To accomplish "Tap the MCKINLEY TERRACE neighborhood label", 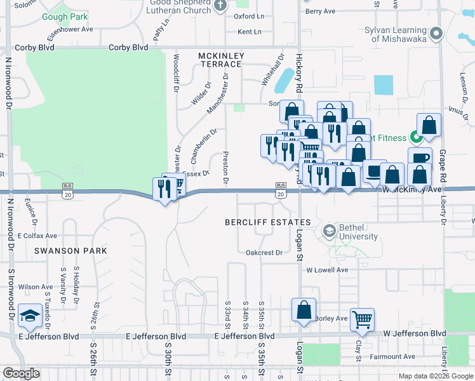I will tap(220, 60).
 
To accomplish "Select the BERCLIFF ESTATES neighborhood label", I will tap(269, 222).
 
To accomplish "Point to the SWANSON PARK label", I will tap(67, 251).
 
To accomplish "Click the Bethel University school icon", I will tap(329, 230).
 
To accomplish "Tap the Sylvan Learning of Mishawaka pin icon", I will tap(436, 33).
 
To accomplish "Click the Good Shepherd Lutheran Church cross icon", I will tap(220, 6).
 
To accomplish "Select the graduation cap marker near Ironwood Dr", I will tap(29, 314).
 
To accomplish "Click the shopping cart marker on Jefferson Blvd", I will tap(362, 319).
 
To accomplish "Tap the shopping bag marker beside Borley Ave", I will tap(304, 310).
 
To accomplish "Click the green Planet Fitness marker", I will tap(416, 136).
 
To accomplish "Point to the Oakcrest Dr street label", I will tap(264, 253).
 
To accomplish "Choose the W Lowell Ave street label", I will tap(327, 270).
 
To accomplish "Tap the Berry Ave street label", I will tap(320, 11).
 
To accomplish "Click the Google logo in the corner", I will tap(21, 373).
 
